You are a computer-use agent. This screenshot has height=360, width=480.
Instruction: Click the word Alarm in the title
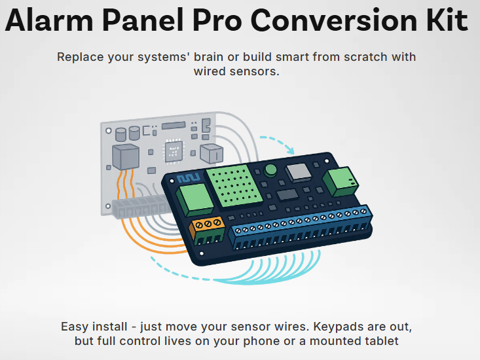(49, 20)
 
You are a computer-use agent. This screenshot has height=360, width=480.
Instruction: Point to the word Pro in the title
(217, 20)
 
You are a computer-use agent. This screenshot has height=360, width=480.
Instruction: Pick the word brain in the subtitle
(208, 57)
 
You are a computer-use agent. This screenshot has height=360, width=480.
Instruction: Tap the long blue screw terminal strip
(300, 227)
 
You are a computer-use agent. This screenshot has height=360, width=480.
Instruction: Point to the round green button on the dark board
(270, 170)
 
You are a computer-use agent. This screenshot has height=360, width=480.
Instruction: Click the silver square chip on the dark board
(298, 172)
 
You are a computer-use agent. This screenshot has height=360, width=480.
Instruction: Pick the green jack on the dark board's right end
(341, 181)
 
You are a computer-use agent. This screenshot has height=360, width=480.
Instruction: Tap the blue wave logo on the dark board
(189, 177)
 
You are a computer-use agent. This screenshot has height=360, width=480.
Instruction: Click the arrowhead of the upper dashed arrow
(291, 150)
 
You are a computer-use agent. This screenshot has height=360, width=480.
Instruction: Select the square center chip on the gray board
(174, 151)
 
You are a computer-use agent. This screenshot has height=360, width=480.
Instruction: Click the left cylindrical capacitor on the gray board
(120, 135)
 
